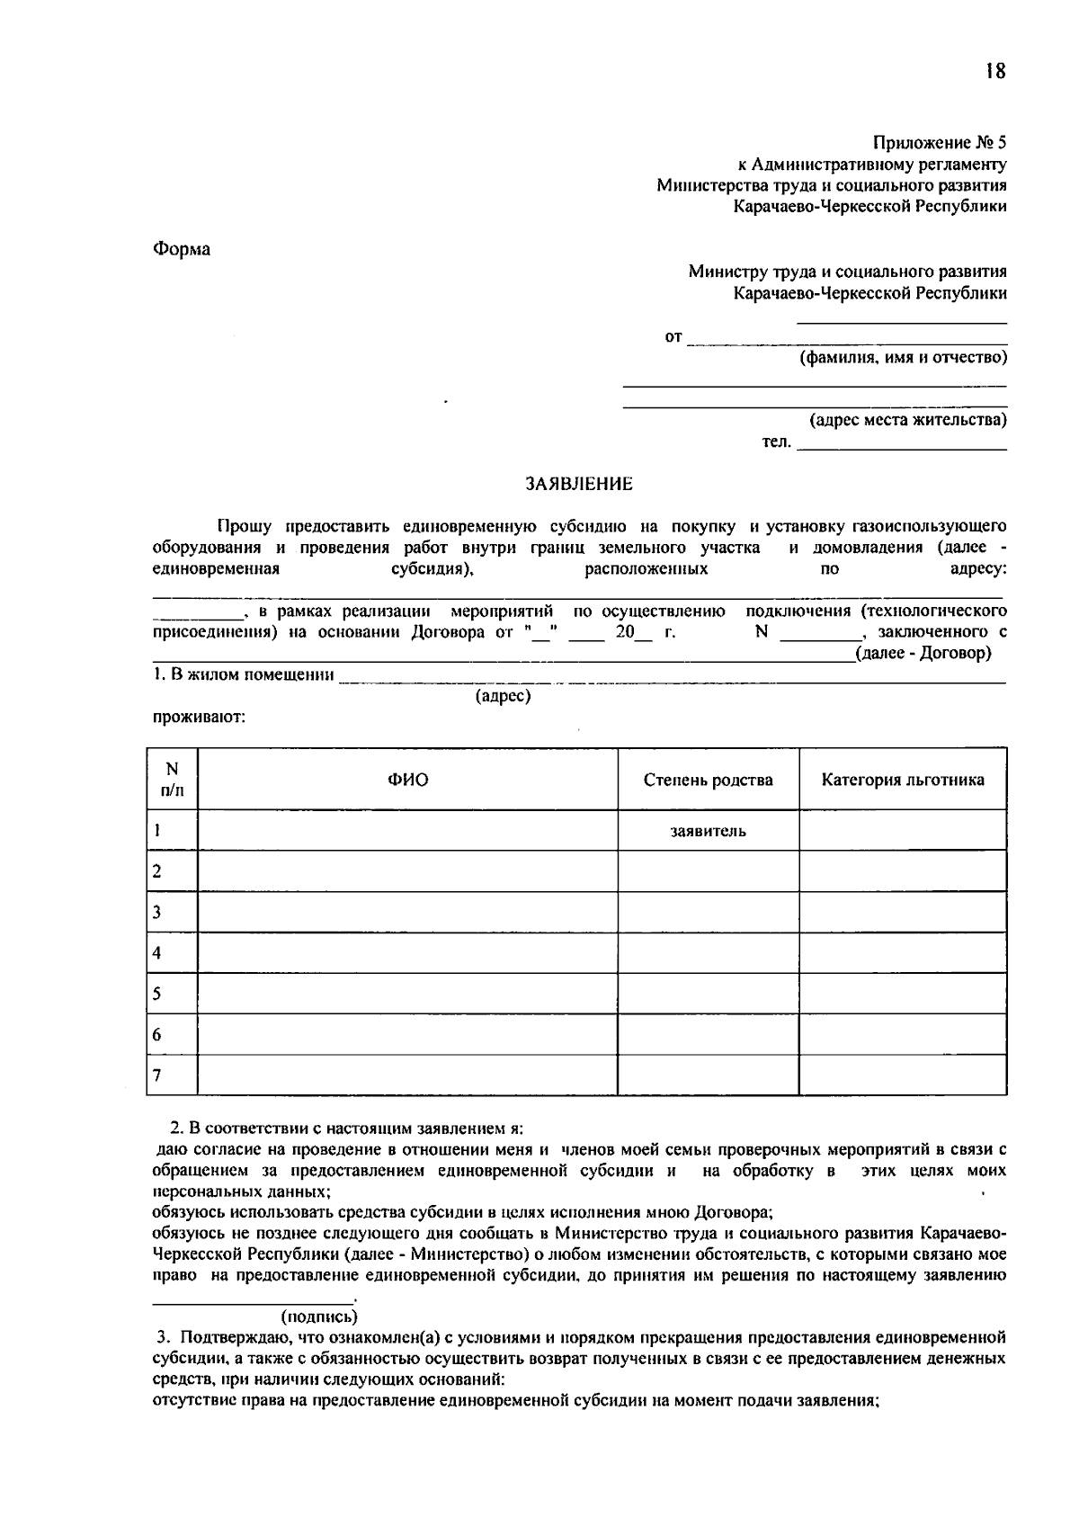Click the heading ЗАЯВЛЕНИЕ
(x=579, y=484)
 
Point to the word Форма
(x=181, y=249)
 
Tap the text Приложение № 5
(x=940, y=143)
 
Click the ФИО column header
(x=407, y=780)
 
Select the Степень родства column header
(x=708, y=780)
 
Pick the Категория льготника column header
(x=902, y=780)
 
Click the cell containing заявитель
(x=708, y=831)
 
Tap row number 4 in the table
(x=157, y=953)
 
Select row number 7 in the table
(x=157, y=1075)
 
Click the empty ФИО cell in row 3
(x=407, y=912)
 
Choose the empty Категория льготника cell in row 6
(x=902, y=1034)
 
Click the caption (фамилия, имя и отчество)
(x=903, y=358)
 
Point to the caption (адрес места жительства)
(x=907, y=420)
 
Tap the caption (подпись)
(x=319, y=1316)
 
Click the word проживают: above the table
(x=199, y=718)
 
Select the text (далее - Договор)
(x=923, y=653)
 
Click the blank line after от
(x=845, y=340)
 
